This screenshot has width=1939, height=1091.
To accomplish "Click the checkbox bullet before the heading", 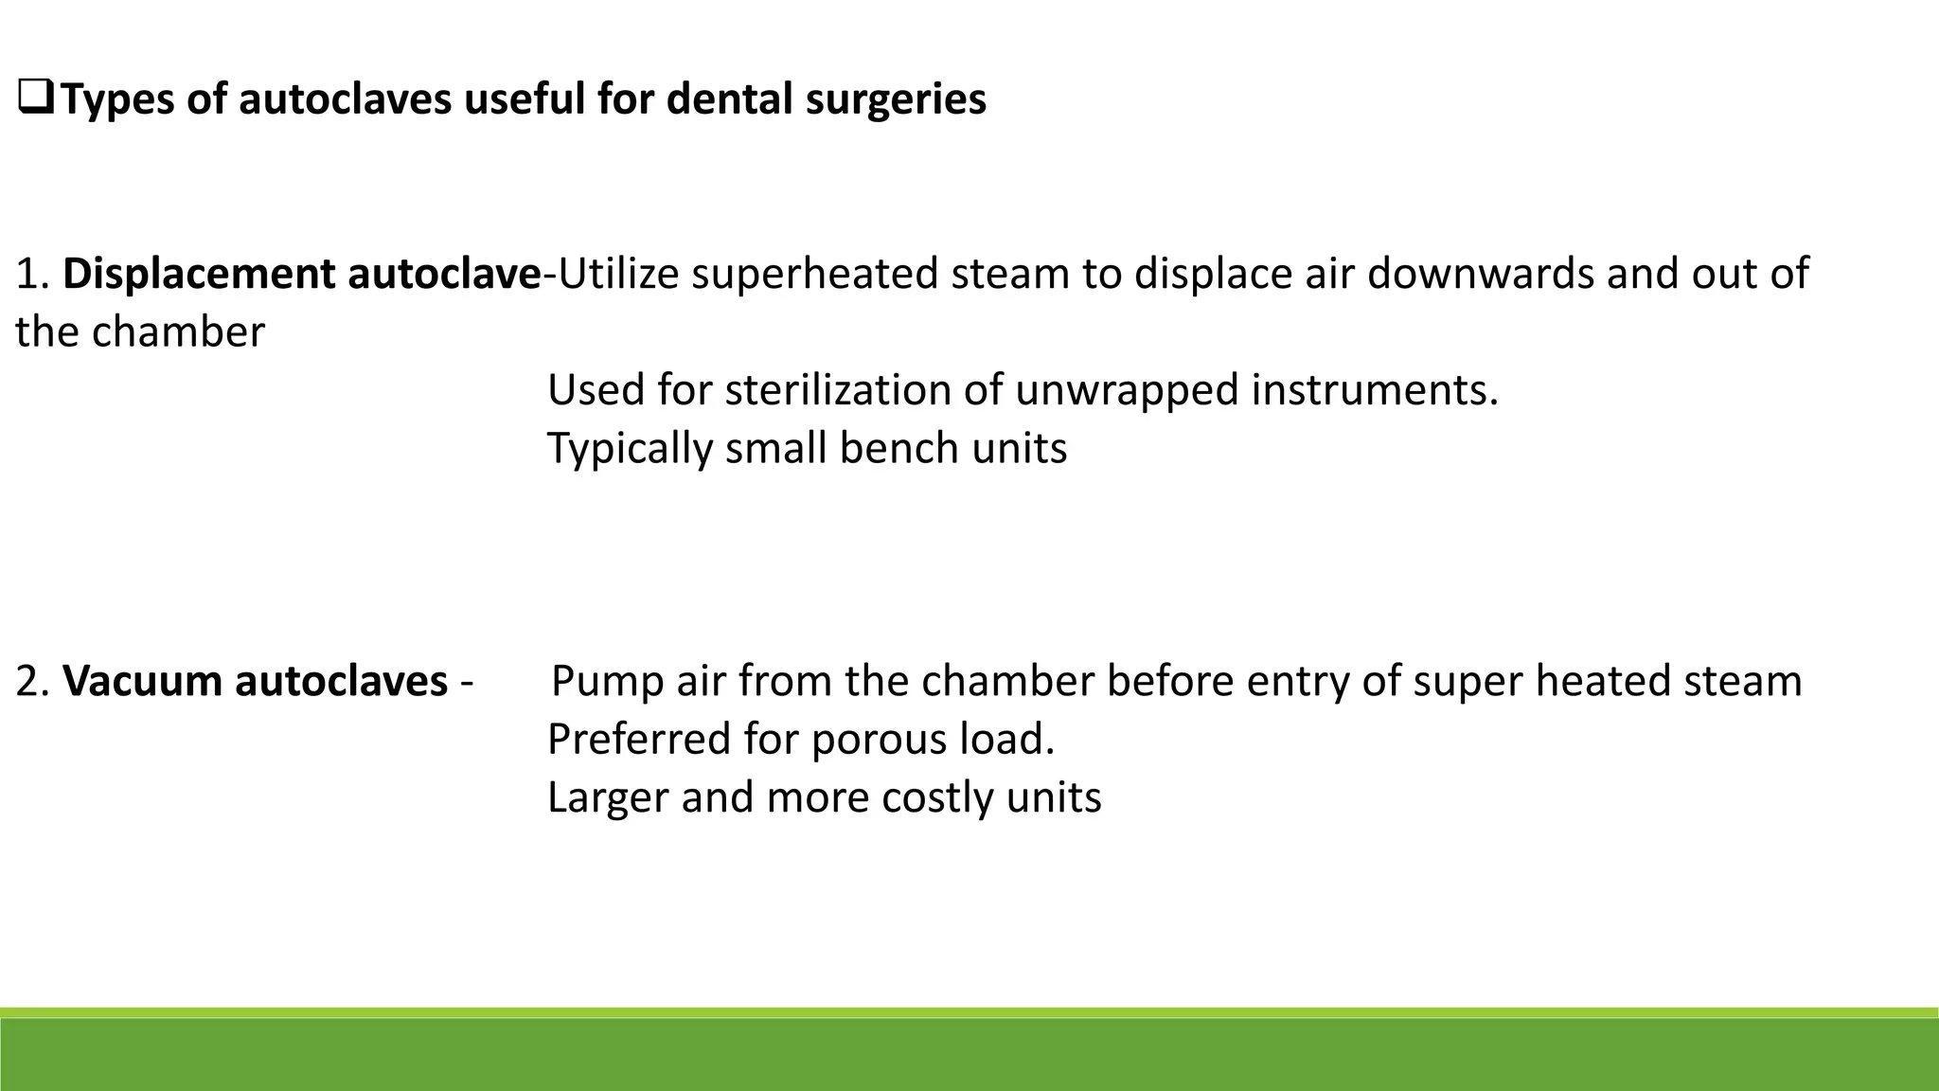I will [35, 99].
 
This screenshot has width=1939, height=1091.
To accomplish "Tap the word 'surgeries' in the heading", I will [896, 99].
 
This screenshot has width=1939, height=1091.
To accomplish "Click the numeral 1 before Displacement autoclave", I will [26, 274].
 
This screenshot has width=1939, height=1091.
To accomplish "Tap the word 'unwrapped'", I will [1127, 389].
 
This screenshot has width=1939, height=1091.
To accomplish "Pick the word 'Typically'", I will [630, 448].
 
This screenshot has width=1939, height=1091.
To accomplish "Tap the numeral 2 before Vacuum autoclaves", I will [27, 681].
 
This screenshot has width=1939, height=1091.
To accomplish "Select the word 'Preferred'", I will [639, 740].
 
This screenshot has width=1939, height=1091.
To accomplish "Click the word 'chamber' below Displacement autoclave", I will [179, 332].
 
